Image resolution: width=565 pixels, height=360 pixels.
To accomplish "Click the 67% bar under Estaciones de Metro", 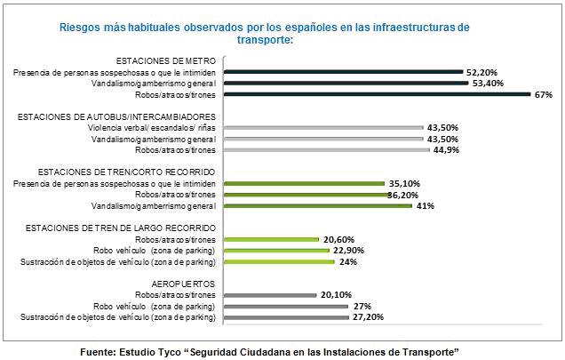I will pyautogui.click(x=377, y=93).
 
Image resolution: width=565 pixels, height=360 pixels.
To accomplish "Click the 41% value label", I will pyautogui.click(x=426, y=205).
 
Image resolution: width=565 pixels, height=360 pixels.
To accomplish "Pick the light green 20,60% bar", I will pyautogui.click(x=271, y=239).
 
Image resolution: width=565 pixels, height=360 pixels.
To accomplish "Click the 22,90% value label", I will pyautogui.click(x=352, y=250).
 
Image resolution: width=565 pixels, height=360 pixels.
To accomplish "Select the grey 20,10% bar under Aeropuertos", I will pyautogui.click(x=270, y=295).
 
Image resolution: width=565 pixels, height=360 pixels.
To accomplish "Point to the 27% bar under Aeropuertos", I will pyautogui.click(x=285, y=306).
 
